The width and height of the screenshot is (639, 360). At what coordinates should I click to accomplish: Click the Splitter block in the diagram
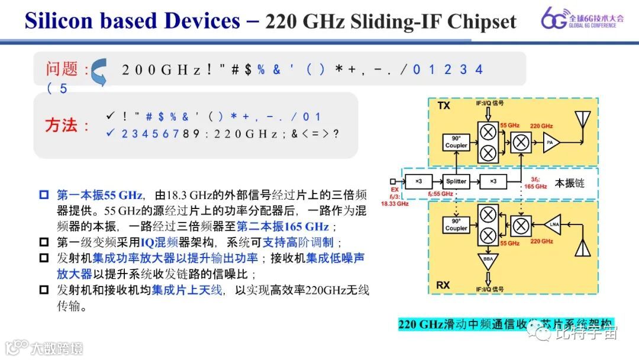tap(456, 181)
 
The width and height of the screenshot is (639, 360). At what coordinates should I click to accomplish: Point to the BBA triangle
tap(489, 261)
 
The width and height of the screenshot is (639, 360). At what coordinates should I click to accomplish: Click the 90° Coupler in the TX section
tap(456, 142)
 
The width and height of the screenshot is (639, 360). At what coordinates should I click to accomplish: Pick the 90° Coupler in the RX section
tap(456, 225)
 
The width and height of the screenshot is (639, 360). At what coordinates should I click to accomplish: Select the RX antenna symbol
tap(583, 246)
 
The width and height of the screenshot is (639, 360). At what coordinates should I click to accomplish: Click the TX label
tap(444, 106)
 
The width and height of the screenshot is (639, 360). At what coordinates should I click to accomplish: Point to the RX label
tap(443, 285)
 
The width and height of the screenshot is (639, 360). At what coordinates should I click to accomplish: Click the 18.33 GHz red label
tap(395, 203)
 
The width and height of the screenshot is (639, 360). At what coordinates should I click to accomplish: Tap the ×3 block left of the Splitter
tap(417, 181)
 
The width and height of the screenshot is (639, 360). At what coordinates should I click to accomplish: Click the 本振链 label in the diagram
tap(570, 184)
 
